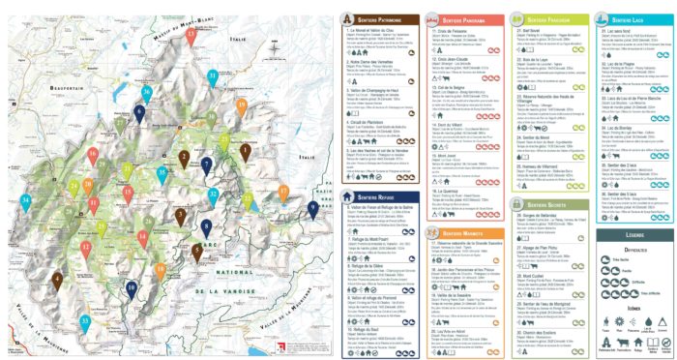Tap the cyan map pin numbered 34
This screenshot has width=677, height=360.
pyautogui.click(x=26, y=200)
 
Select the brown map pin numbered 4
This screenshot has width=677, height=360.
pyautogui.click(x=57, y=280)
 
